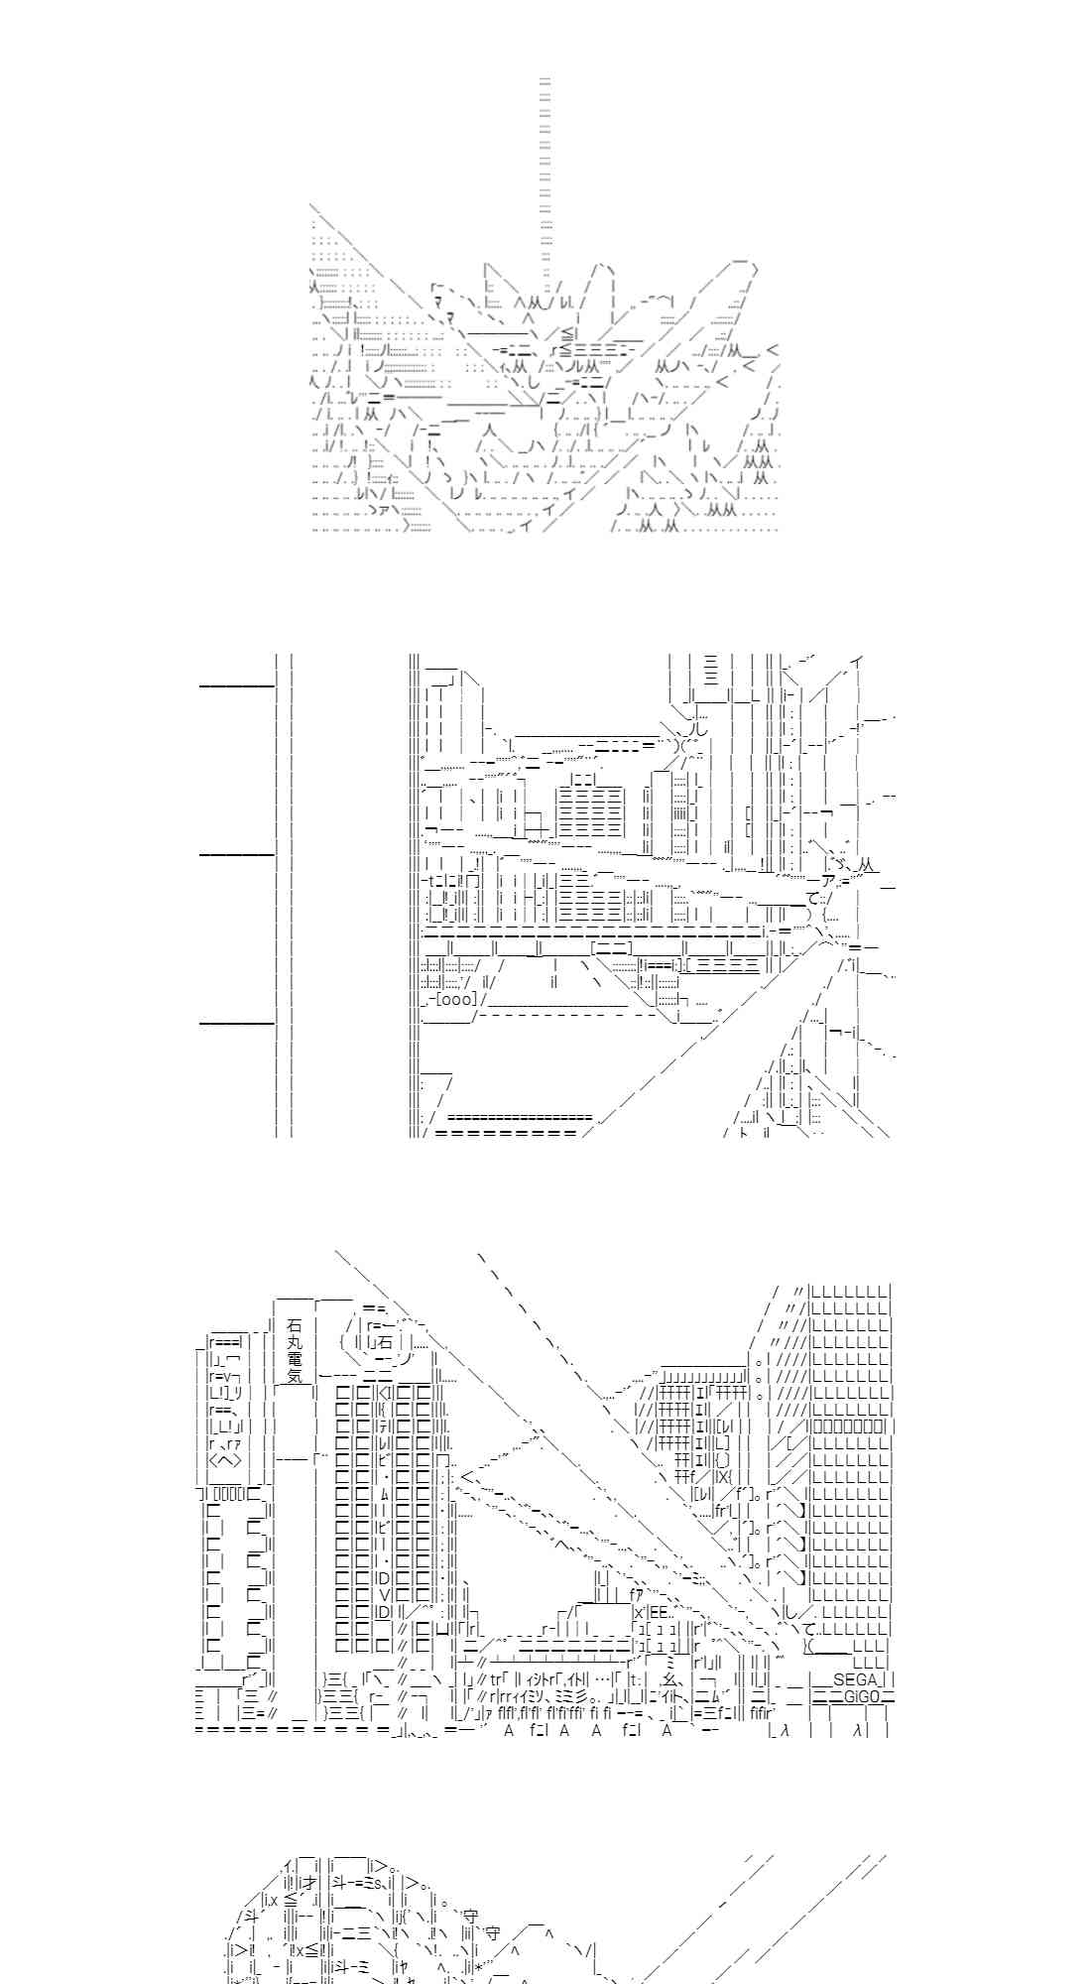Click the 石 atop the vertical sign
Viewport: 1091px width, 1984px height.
(x=294, y=1324)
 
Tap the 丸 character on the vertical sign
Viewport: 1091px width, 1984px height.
(x=294, y=1341)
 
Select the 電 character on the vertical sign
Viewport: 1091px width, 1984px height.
(x=294, y=1358)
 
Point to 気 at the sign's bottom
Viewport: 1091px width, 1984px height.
(x=294, y=1376)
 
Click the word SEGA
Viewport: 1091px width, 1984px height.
(x=856, y=1679)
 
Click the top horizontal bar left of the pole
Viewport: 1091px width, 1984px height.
(x=237, y=684)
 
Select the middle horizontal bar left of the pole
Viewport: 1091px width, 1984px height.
(x=237, y=853)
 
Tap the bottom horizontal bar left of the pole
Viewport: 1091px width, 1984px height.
(x=237, y=1022)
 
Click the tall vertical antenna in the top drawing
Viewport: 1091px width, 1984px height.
(x=545, y=169)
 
